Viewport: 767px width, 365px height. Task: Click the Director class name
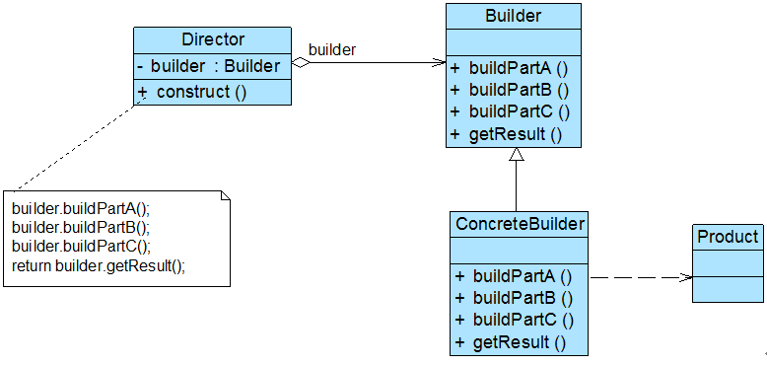213,40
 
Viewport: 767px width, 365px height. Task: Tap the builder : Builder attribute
214,66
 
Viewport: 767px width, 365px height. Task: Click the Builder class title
513,17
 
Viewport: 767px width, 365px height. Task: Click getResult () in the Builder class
506,135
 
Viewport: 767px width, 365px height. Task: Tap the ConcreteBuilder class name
520,224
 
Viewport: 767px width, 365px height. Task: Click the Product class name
728,237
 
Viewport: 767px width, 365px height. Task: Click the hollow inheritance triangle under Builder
514,155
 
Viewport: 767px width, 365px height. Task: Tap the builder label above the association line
332,49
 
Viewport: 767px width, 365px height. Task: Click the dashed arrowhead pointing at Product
685,277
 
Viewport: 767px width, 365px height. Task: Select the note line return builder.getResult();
99,266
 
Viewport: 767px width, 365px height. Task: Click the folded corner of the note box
224,196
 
